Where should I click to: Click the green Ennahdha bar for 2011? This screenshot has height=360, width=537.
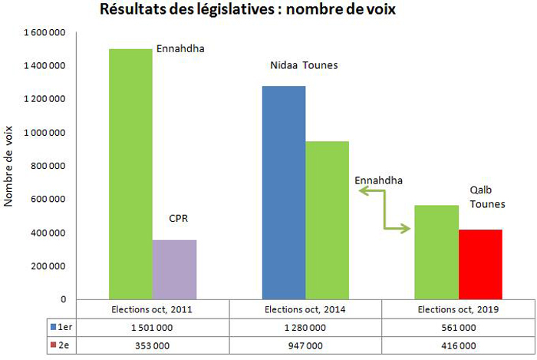(x=130, y=173)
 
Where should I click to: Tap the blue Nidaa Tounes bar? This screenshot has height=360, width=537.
(x=284, y=192)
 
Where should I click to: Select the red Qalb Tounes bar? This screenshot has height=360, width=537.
(x=480, y=264)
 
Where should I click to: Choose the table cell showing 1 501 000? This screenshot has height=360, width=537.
(x=153, y=326)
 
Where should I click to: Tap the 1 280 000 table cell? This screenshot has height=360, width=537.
(x=305, y=326)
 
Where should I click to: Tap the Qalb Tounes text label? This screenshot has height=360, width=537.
(x=487, y=197)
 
